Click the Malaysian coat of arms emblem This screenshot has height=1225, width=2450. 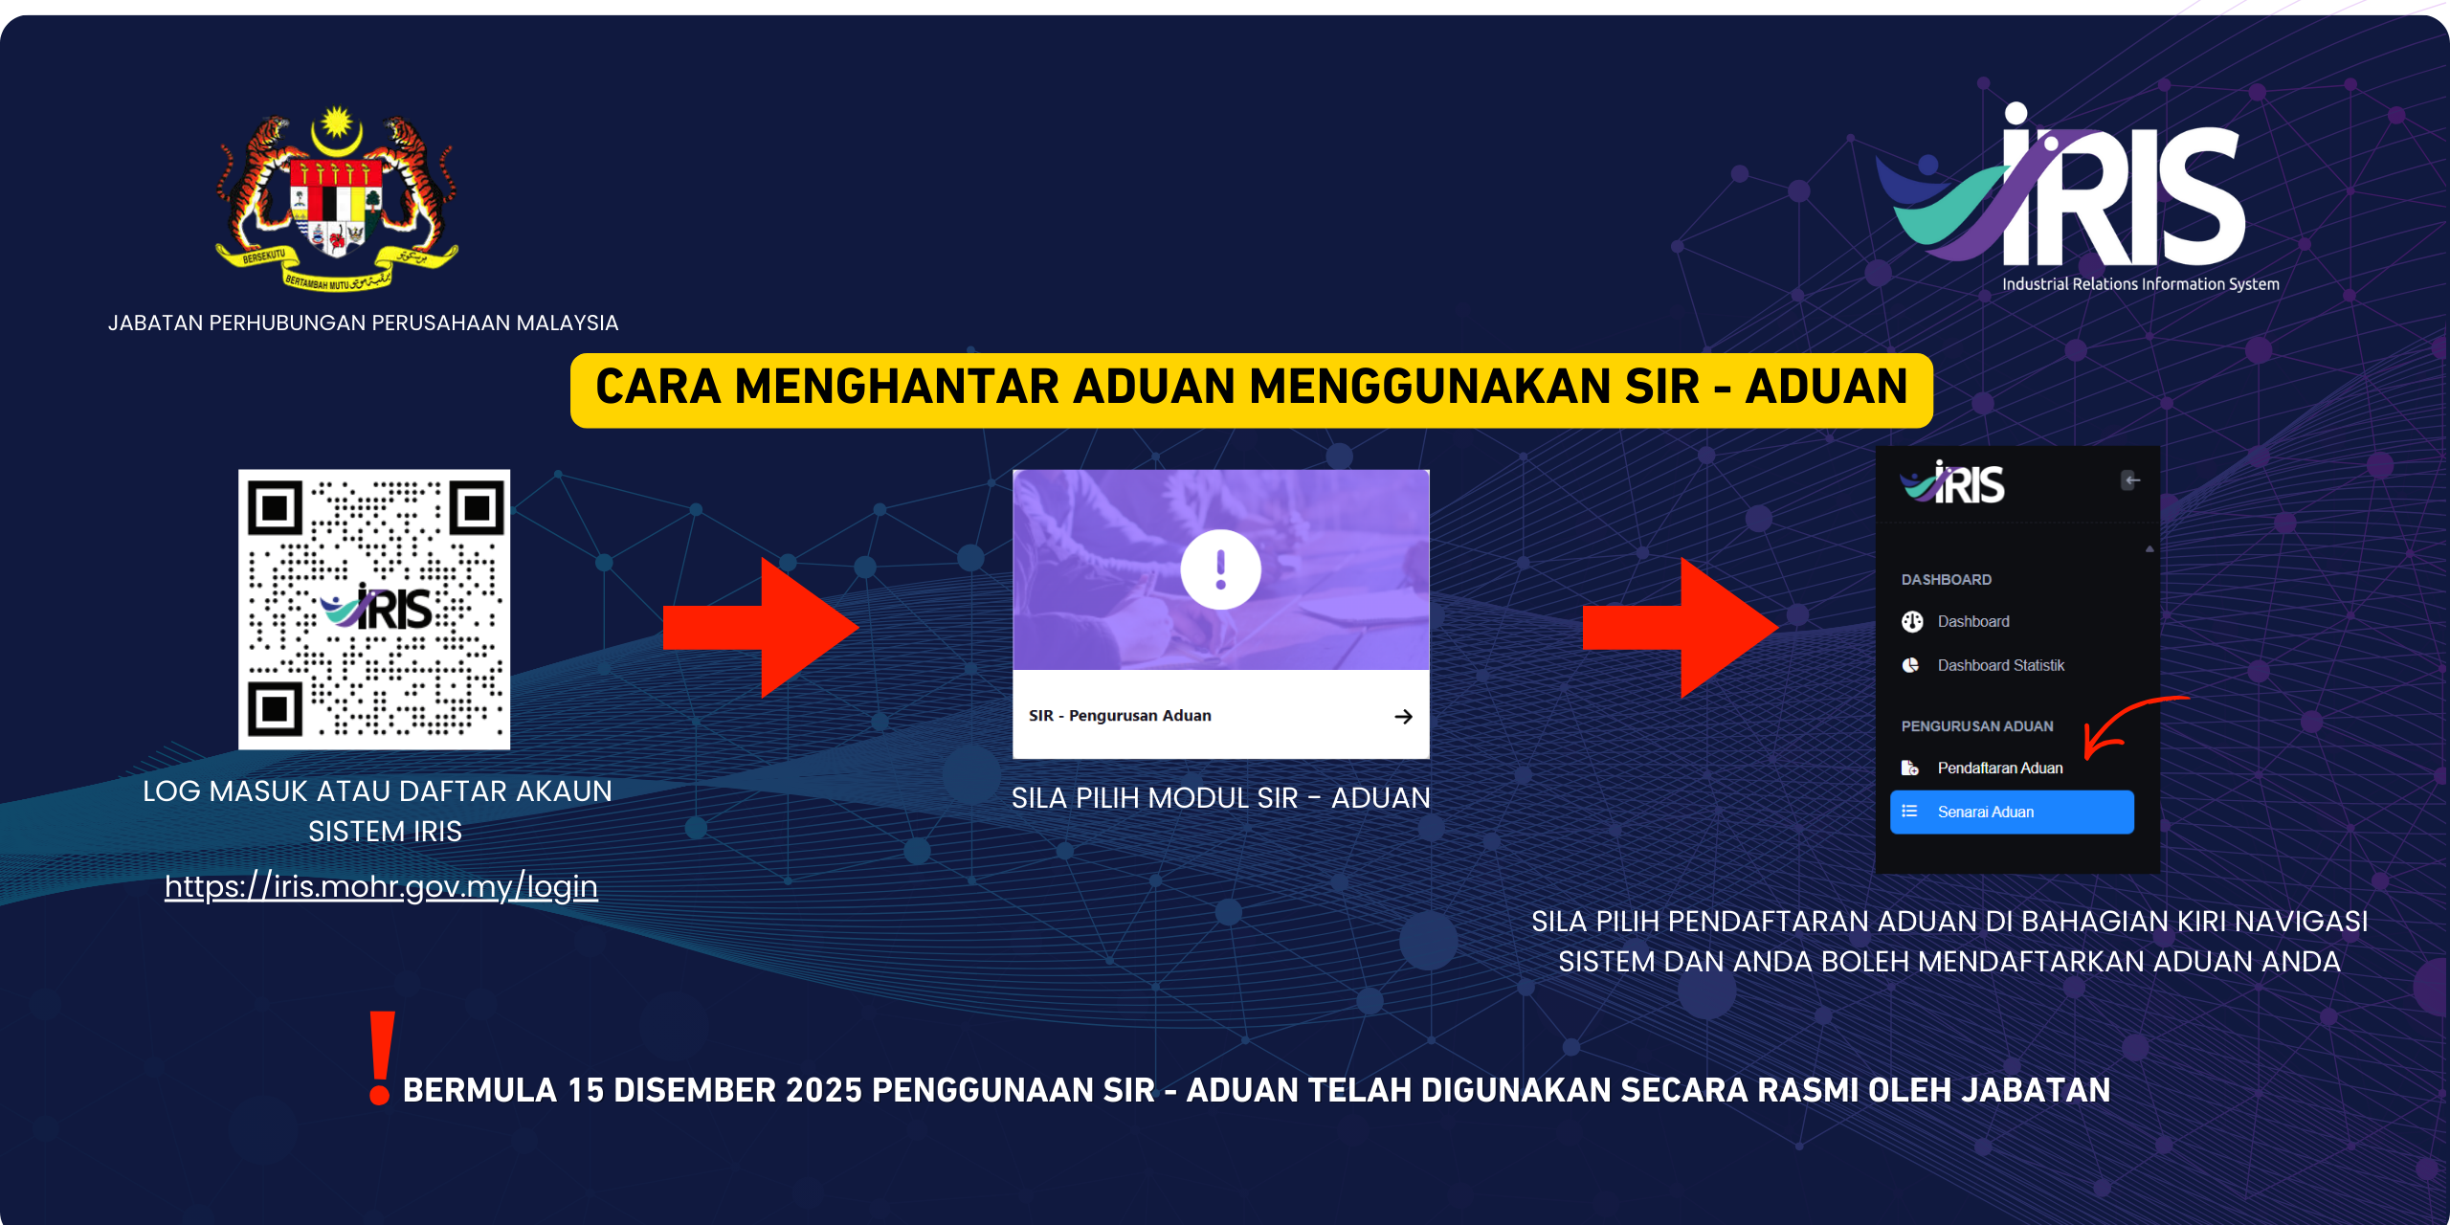[337, 198]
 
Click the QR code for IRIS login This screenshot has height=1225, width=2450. [374, 609]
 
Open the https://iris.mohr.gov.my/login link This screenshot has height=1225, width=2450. [381, 887]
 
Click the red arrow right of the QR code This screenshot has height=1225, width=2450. [761, 628]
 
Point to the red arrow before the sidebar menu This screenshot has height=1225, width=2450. [1681, 628]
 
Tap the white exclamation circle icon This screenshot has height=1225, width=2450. [1220, 569]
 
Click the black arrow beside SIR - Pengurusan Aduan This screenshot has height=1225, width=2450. [1403, 716]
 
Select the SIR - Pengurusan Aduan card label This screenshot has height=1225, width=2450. [1120, 716]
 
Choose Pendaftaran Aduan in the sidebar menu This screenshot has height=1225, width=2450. [1999, 768]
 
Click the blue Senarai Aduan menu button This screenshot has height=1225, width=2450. [2012, 812]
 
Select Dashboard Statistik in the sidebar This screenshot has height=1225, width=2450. [2000, 665]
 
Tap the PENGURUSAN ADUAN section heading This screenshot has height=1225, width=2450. [1977, 726]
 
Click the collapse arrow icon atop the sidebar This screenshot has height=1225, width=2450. [2131, 479]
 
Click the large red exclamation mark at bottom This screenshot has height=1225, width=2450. [381, 1058]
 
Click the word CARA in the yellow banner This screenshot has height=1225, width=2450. [658, 387]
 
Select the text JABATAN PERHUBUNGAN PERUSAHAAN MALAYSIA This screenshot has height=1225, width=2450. [363, 323]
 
